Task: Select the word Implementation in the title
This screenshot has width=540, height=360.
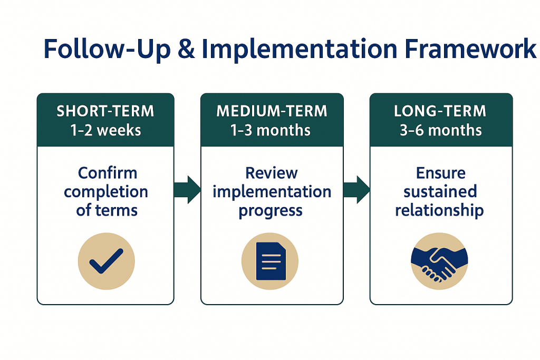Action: (x=299, y=48)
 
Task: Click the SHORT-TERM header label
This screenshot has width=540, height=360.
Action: (x=105, y=111)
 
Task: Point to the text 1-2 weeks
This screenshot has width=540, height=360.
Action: (x=105, y=130)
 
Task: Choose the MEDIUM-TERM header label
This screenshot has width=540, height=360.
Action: (x=272, y=111)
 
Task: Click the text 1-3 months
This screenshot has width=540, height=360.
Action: (x=272, y=130)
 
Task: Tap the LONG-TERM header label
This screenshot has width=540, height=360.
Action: (x=440, y=111)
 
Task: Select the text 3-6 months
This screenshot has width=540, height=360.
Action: (x=440, y=130)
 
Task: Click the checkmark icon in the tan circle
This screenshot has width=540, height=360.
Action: (x=106, y=261)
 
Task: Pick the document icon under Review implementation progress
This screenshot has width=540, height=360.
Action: (x=270, y=261)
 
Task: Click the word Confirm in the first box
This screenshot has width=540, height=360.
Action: (x=108, y=173)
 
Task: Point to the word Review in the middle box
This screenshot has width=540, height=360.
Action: (x=272, y=173)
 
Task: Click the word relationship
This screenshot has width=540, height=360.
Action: (x=439, y=210)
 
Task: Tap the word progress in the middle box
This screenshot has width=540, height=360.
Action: (x=271, y=210)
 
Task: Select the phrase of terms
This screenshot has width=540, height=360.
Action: (x=107, y=210)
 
